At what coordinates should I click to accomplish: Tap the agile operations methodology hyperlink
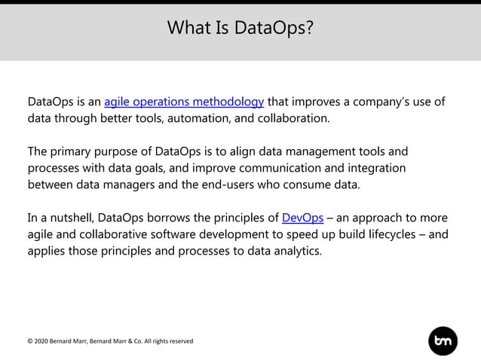[x=184, y=102]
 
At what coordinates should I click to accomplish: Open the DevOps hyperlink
[x=302, y=218]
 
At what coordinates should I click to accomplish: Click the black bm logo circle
[x=443, y=341]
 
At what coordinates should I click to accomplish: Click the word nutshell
[x=68, y=218]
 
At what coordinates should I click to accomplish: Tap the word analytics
[x=296, y=251]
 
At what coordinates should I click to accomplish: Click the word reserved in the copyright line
[x=180, y=341]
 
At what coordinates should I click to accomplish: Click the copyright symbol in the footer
[x=30, y=341]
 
